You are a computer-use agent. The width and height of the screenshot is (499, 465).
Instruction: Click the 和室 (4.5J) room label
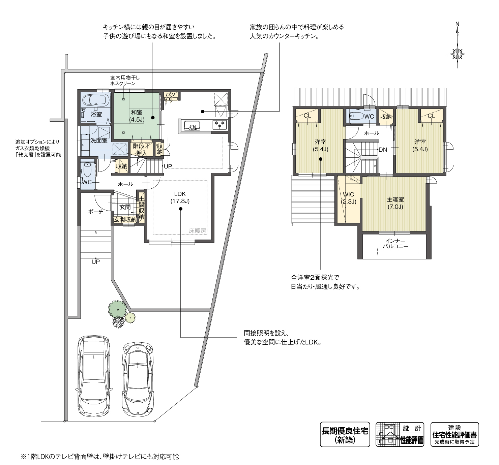[x=137, y=116]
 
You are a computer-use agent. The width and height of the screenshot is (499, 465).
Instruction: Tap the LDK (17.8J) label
[x=180, y=197]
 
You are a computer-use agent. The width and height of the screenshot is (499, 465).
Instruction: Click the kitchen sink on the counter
[x=192, y=125]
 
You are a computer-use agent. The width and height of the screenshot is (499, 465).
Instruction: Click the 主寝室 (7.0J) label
[x=395, y=203]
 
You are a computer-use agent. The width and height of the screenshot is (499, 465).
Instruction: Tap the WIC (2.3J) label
[x=349, y=198]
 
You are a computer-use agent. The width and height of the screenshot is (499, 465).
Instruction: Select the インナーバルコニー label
[x=395, y=244]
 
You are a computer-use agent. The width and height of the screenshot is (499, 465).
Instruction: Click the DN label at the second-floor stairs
[x=383, y=150]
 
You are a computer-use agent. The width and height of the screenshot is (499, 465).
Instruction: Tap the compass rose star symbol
[x=457, y=54]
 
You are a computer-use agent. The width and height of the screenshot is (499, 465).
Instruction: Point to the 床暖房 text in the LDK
[x=198, y=230]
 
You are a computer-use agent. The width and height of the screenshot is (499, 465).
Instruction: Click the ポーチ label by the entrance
[x=96, y=212]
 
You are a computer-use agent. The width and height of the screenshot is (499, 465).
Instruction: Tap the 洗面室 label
[x=99, y=141]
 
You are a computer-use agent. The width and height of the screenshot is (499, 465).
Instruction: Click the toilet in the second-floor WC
[x=356, y=116]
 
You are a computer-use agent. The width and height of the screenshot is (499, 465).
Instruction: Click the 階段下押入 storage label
[x=141, y=149]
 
